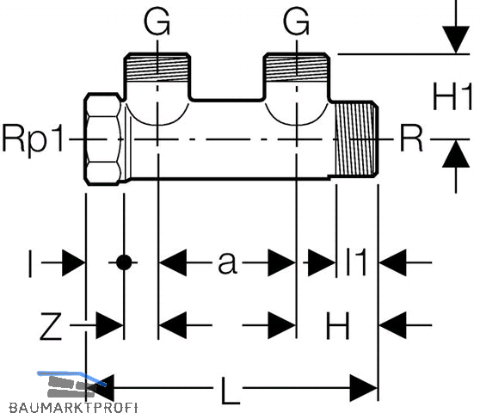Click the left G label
pyautogui.click(x=157, y=22)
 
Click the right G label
pyautogui.click(x=296, y=22)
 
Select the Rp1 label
pyautogui.click(x=33, y=139)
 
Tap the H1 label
pyautogui.click(x=452, y=97)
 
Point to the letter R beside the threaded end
pyautogui.click(x=411, y=139)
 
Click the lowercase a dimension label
pyautogui.click(x=227, y=262)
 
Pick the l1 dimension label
pyautogui.click(x=356, y=262)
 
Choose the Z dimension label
pyautogui.click(x=51, y=326)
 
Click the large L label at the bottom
pyautogui.click(x=231, y=390)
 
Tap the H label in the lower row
pyautogui.click(x=338, y=325)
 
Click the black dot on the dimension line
pyautogui.click(x=124, y=262)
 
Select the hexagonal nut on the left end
pyautogui.click(x=103, y=139)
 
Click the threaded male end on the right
pyautogui.click(x=356, y=139)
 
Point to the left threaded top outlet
pyautogui.click(x=157, y=67)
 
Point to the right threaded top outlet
pyautogui.click(x=297, y=67)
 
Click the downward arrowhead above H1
pyautogui.click(x=456, y=40)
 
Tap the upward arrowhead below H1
pyautogui.click(x=456, y=153)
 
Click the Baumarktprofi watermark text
pyautogui.click(x=73, y=408)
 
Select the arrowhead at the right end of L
pyautogui.click(x=364, y=388)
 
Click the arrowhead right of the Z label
pyautogui.click(x=109, y=325)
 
